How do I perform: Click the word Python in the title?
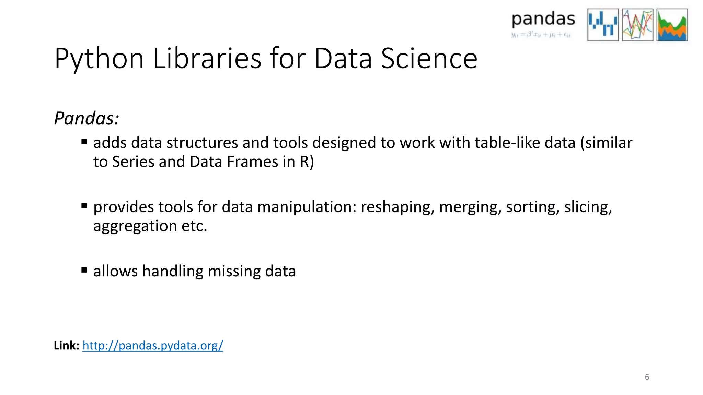click(x=99, y=59)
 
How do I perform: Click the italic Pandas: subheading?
click(x=87, y=119)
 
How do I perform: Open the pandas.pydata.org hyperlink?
click(x=153, y=345)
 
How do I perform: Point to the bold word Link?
click(x=67, y=345)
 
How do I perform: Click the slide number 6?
click(x=647, y=377)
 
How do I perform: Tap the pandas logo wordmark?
click(x=543, y=20)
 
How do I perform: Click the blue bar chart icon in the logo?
click(x=603, y=25)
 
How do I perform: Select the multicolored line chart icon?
click(x=637, y=25)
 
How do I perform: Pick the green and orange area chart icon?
click(x=672, y=25)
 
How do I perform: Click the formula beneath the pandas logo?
click(x=541, y=35)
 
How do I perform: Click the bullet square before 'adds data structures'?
click(x=84, y=142)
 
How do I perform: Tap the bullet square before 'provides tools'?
click(x=84, y=206)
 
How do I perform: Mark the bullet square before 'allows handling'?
click(x=84, y=270)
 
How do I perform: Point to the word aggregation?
click(x=135, y=226)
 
